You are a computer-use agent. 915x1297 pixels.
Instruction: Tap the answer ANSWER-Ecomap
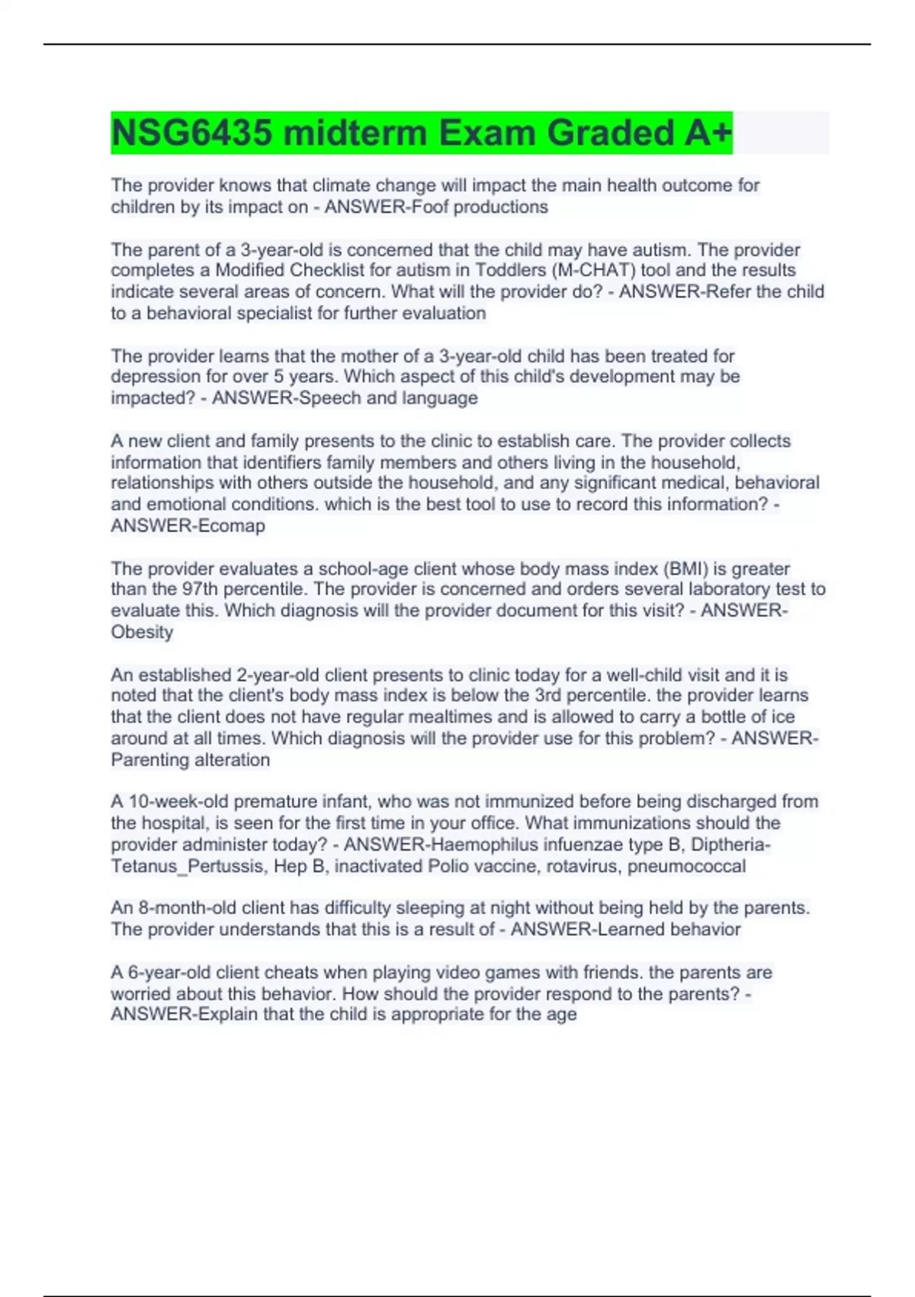tap(188, 526)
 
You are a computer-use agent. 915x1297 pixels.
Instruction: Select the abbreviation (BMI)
tap(685, 568)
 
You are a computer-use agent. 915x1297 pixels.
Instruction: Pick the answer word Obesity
tap(142, 632)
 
